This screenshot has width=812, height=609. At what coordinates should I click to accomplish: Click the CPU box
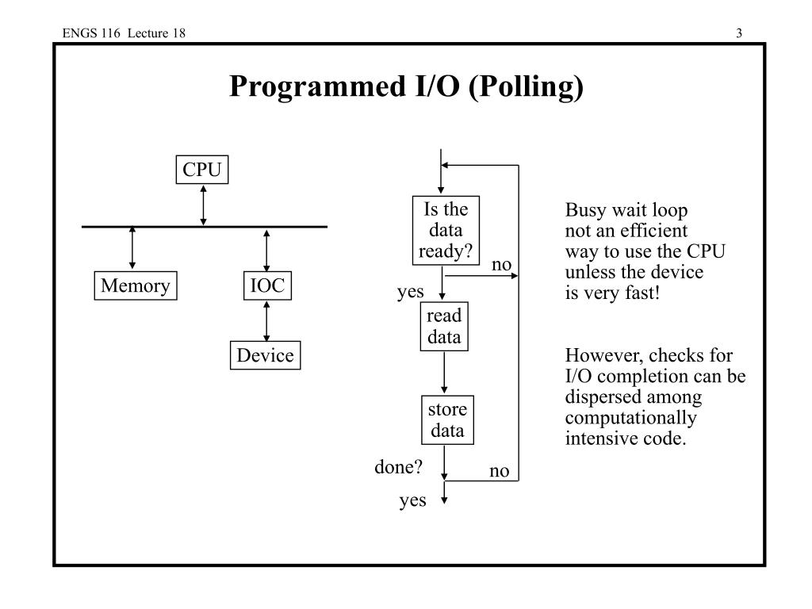(x=202, y=170)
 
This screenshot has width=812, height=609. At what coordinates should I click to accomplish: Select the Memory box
(x=136, y=285)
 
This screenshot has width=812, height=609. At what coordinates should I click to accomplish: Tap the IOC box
(x=267, y=285)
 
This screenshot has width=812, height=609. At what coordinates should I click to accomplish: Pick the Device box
(x=265, y=355)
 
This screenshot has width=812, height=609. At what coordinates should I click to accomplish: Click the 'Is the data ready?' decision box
(x=446, y=231)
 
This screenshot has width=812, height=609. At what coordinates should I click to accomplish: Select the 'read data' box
(x=444, y=326)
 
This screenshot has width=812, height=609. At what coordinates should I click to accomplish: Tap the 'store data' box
(x=447, y=420)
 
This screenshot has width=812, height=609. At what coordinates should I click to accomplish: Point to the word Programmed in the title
(x=317, y=87)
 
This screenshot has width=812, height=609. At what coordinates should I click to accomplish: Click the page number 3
(x=739, y=33)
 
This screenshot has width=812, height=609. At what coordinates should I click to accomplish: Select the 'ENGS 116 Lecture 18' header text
(x=124, y=33)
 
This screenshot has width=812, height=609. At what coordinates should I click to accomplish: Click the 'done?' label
(x=398, y=467)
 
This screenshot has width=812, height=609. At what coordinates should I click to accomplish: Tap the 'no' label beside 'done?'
(x=500, y=471)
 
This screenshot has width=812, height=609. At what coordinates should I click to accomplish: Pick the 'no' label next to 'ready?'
(x=501, y=265)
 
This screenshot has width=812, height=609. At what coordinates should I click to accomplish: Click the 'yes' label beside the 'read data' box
(x=410, y=292)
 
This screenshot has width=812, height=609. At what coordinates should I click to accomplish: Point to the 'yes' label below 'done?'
(x=412, y=501)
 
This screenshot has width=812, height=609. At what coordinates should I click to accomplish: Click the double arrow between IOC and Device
(x=266, y=320)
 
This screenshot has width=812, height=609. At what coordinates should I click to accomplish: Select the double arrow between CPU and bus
(x=204, y=205)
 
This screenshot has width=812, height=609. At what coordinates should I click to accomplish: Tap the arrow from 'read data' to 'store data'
(x=444, y=373)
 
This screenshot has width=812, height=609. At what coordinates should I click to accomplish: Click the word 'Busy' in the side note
(x=586, y=211)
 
